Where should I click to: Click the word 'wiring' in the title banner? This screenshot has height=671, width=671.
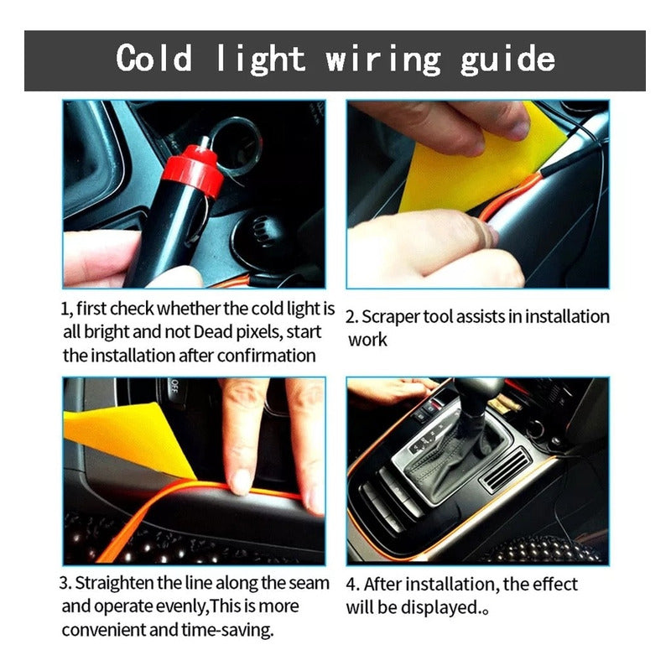(383, 60)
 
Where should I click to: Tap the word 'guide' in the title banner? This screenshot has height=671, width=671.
(507, 60)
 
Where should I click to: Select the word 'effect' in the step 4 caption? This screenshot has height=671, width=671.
(554, 584)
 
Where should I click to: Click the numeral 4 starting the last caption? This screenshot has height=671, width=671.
(351, 585)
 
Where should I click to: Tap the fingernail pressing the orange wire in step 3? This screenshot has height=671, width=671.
(241, 481)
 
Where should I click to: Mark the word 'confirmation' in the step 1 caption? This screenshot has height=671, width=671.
(269, 356)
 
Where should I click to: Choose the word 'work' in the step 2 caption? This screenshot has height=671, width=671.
(367, 341)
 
